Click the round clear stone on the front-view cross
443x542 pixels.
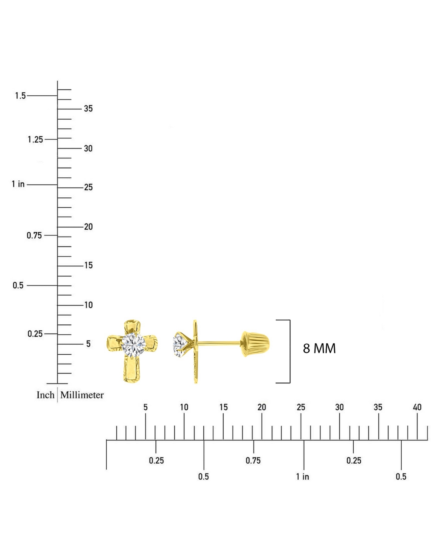(134, 345)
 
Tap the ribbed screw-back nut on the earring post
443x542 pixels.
(255, 344)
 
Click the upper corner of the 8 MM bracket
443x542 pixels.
(290, 320)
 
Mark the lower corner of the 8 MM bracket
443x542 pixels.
(290, 383)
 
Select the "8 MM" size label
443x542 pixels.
(319, 348)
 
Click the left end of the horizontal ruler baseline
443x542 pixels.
(107, 440)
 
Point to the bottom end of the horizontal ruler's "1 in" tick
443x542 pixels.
(304, 470)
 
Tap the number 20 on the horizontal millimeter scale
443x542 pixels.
(262, 407)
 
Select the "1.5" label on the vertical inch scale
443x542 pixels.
(20, 96)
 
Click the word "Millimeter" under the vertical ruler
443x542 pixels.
(82, 395)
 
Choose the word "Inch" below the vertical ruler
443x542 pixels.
(45, 395)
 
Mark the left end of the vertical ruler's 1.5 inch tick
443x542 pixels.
(27, 96)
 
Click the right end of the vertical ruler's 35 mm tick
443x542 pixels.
(81, 109)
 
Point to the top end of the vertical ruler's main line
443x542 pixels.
(57, 81)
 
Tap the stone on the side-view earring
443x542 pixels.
(180, 345)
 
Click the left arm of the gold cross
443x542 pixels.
(114, 344)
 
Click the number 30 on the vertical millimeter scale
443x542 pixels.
(88, 149)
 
